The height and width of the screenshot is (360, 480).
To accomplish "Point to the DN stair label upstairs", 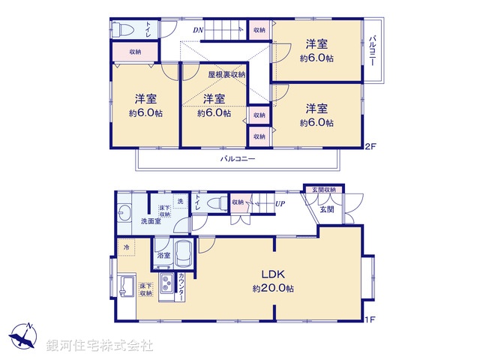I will tap(197, 30).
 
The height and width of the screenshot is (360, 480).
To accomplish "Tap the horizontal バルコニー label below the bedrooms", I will tap(238, 159).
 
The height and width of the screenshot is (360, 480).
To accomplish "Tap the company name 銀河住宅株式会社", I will tap(100, 345).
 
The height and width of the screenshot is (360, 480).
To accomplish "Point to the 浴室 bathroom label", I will tap(163, 256).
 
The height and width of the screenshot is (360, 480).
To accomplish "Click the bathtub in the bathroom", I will tap(184, 254).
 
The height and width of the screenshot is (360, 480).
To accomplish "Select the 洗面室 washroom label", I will tap(130, 222).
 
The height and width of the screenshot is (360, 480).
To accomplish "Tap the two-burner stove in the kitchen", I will tap(166, 286).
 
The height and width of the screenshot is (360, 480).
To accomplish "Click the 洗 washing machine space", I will tap(179, 202).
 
